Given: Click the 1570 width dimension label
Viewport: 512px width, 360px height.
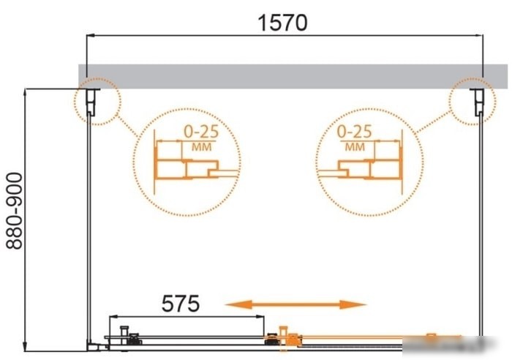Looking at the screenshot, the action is point(282,23).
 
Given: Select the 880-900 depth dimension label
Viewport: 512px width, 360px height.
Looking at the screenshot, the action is point(15,211).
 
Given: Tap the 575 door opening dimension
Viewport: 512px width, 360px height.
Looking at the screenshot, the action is point(180,304).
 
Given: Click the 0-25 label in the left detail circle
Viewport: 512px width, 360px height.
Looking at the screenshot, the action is point(201,131).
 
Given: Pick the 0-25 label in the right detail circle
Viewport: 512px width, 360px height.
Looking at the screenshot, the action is point(354,131).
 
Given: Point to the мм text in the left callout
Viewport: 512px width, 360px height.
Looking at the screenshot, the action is point(201,147).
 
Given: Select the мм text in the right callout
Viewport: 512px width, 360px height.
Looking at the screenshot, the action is point(355,147).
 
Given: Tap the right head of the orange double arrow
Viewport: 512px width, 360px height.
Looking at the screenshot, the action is point(353,304).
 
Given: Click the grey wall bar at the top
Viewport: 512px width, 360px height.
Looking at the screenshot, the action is point(293,76).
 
